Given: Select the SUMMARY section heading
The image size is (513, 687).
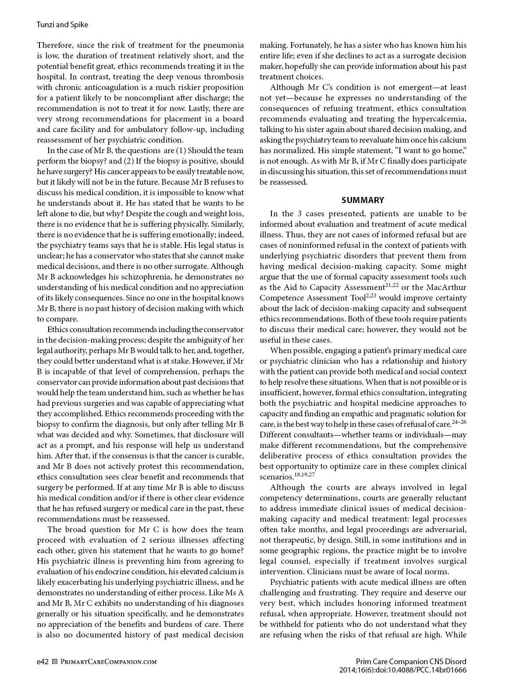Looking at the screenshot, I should pos(363,200).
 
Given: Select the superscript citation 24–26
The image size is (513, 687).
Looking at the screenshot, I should pos(459,422).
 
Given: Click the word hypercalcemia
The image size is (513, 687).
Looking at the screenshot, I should pos(438,119).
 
